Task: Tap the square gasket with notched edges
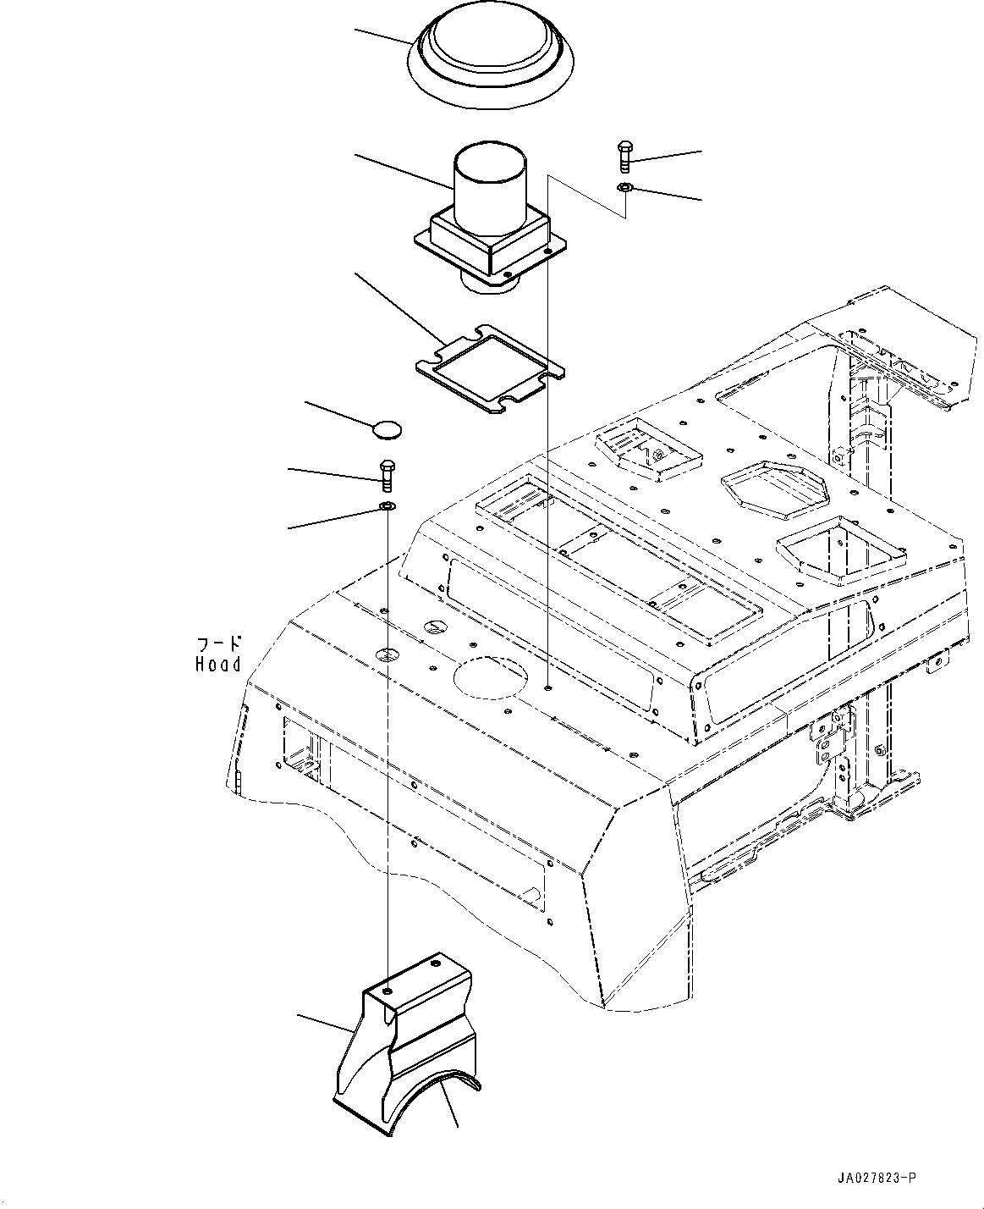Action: point(491,369)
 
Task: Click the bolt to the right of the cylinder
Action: point(624,157)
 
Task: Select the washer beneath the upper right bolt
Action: point(624,187)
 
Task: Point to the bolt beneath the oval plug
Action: point(387,475)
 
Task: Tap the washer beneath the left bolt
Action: point(387,507)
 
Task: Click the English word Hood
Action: point(217,665)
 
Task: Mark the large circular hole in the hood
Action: point(491,678)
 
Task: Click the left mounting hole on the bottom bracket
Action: point(388,991)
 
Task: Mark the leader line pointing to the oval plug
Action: point(338,415)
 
